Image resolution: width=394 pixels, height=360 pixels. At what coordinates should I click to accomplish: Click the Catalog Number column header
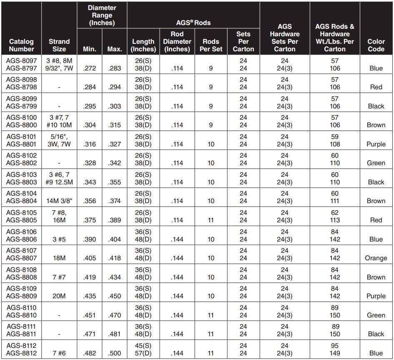point(21,45)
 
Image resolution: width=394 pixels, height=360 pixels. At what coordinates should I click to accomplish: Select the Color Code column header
point(376,45)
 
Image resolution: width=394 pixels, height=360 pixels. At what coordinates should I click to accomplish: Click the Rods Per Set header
point(211,45)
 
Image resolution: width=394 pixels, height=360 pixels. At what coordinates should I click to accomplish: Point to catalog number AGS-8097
point(21,60)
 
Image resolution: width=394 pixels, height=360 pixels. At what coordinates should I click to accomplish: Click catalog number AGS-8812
point(21,353)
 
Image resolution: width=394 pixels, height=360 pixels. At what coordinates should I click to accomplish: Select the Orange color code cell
point(376,258)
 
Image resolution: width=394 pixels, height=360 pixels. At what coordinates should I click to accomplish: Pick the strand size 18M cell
point(59,258)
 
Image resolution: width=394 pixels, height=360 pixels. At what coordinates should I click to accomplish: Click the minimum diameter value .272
point(90,68)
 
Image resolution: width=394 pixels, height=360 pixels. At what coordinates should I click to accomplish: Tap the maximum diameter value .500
point(114,353)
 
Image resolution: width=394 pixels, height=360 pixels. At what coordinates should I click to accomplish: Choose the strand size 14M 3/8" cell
point(59,201)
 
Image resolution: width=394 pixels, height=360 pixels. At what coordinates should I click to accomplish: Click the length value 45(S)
point(143,346)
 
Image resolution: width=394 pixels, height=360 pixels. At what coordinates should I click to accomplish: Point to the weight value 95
point(335,346)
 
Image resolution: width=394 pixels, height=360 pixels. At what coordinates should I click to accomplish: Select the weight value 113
point(335,220)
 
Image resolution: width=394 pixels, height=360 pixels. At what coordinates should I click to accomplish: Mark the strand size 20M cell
point(59,296)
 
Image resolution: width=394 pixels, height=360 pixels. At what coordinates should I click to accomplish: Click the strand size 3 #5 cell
point(59,239)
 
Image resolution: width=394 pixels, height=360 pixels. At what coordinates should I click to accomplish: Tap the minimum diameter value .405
point(90,258)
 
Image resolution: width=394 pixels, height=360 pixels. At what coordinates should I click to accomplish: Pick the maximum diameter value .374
point(114,201)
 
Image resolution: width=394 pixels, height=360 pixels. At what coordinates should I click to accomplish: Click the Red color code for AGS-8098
point(376,87)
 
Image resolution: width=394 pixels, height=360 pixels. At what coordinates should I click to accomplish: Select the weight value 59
point(335,136)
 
